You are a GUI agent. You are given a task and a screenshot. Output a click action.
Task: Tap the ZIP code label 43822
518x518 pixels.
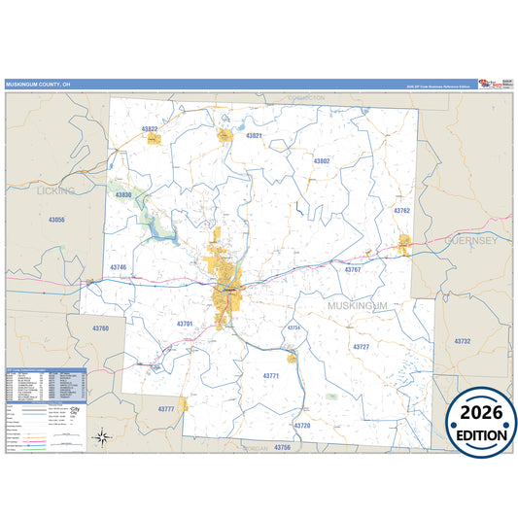[x=150, y=128]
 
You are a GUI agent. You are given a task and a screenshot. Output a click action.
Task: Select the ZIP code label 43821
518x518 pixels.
[x=255, y=135]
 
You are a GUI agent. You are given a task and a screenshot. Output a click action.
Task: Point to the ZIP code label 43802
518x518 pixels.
[x=322, y=160]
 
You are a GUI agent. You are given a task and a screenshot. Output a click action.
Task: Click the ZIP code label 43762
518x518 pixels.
[x=401, y=210]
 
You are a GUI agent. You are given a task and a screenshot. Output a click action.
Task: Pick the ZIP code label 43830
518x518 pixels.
[x=123, y=195]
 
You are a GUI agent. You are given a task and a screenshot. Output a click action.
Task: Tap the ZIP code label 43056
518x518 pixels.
[x=57, y=220]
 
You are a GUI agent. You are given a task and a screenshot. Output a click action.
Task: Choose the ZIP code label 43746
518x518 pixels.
[x=119, y=266]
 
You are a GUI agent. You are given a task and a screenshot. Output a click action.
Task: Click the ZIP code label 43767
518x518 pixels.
[x=352, y=269]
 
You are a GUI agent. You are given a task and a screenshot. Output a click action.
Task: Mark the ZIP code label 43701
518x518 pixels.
[x=185, y=324]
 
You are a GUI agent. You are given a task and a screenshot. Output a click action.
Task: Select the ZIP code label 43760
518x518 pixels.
[x=101, y=328]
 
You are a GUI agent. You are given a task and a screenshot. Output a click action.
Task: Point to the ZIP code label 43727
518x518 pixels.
[x=361, y=347]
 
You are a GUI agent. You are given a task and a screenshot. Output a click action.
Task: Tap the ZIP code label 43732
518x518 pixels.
[x=460, y=341]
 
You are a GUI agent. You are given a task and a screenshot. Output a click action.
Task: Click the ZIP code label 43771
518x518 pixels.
[x=271, y=375]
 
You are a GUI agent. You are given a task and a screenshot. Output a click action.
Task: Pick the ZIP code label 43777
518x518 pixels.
[x=166, y=409]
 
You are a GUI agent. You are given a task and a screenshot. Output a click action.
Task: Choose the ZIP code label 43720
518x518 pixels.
[x=302, y=426]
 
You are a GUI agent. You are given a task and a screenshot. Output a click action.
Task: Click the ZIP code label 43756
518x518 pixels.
[x=282, y=447]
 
